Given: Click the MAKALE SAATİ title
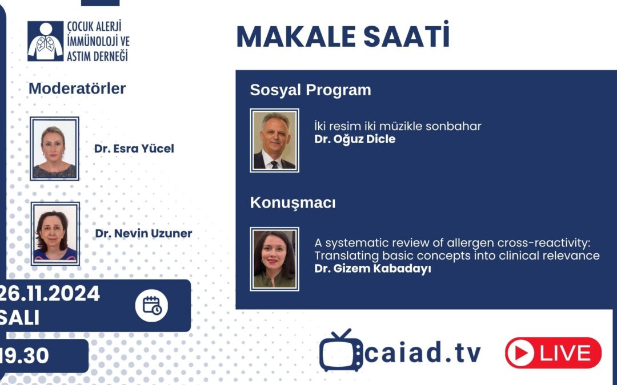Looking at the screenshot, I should (343, 37).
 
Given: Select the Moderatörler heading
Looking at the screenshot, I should (77, 88).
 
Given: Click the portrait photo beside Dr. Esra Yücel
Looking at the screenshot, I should (54, 149).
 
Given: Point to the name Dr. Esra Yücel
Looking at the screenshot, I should (134, 149).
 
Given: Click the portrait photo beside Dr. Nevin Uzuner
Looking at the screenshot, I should (55, 234).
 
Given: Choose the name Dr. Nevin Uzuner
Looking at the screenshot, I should (143, 233).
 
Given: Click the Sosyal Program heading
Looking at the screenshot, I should (310, 90).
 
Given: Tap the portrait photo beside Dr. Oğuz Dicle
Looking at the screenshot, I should (274, 140).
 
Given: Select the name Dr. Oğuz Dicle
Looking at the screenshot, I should (355, 139).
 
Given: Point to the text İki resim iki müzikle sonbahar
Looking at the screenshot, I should (398, 126).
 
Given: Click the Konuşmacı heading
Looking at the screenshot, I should (293, 202).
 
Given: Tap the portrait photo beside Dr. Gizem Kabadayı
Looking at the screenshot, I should (274, 258).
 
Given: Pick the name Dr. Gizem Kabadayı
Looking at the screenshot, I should (372, 269).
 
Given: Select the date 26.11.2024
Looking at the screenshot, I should (50, 294).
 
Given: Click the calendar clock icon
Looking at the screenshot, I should (151, 306).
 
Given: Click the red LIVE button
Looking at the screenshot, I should (553, 353).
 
